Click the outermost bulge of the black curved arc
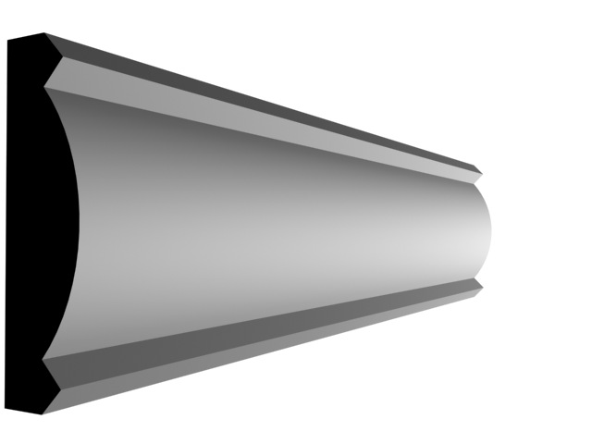tap(80, 222)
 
